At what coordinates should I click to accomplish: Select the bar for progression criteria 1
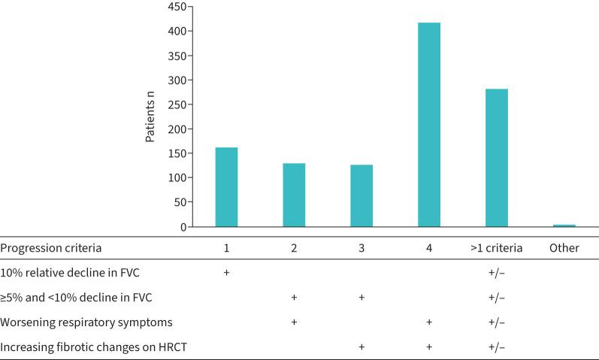pos(226,187)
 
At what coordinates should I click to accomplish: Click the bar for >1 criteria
pos(497,158)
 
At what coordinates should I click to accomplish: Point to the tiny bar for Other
pos(564,225)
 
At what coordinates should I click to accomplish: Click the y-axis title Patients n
pos(150,117)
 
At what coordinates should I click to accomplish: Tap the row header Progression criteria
pos(50,248)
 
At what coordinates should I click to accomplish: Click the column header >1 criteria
pos(496,248)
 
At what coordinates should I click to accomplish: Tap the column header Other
pos(564,248)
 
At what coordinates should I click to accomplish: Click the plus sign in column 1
pos(226,272)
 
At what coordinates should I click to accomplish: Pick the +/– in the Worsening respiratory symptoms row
pos(496,322)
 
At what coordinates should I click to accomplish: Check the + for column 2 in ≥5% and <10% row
pos(294,297)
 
